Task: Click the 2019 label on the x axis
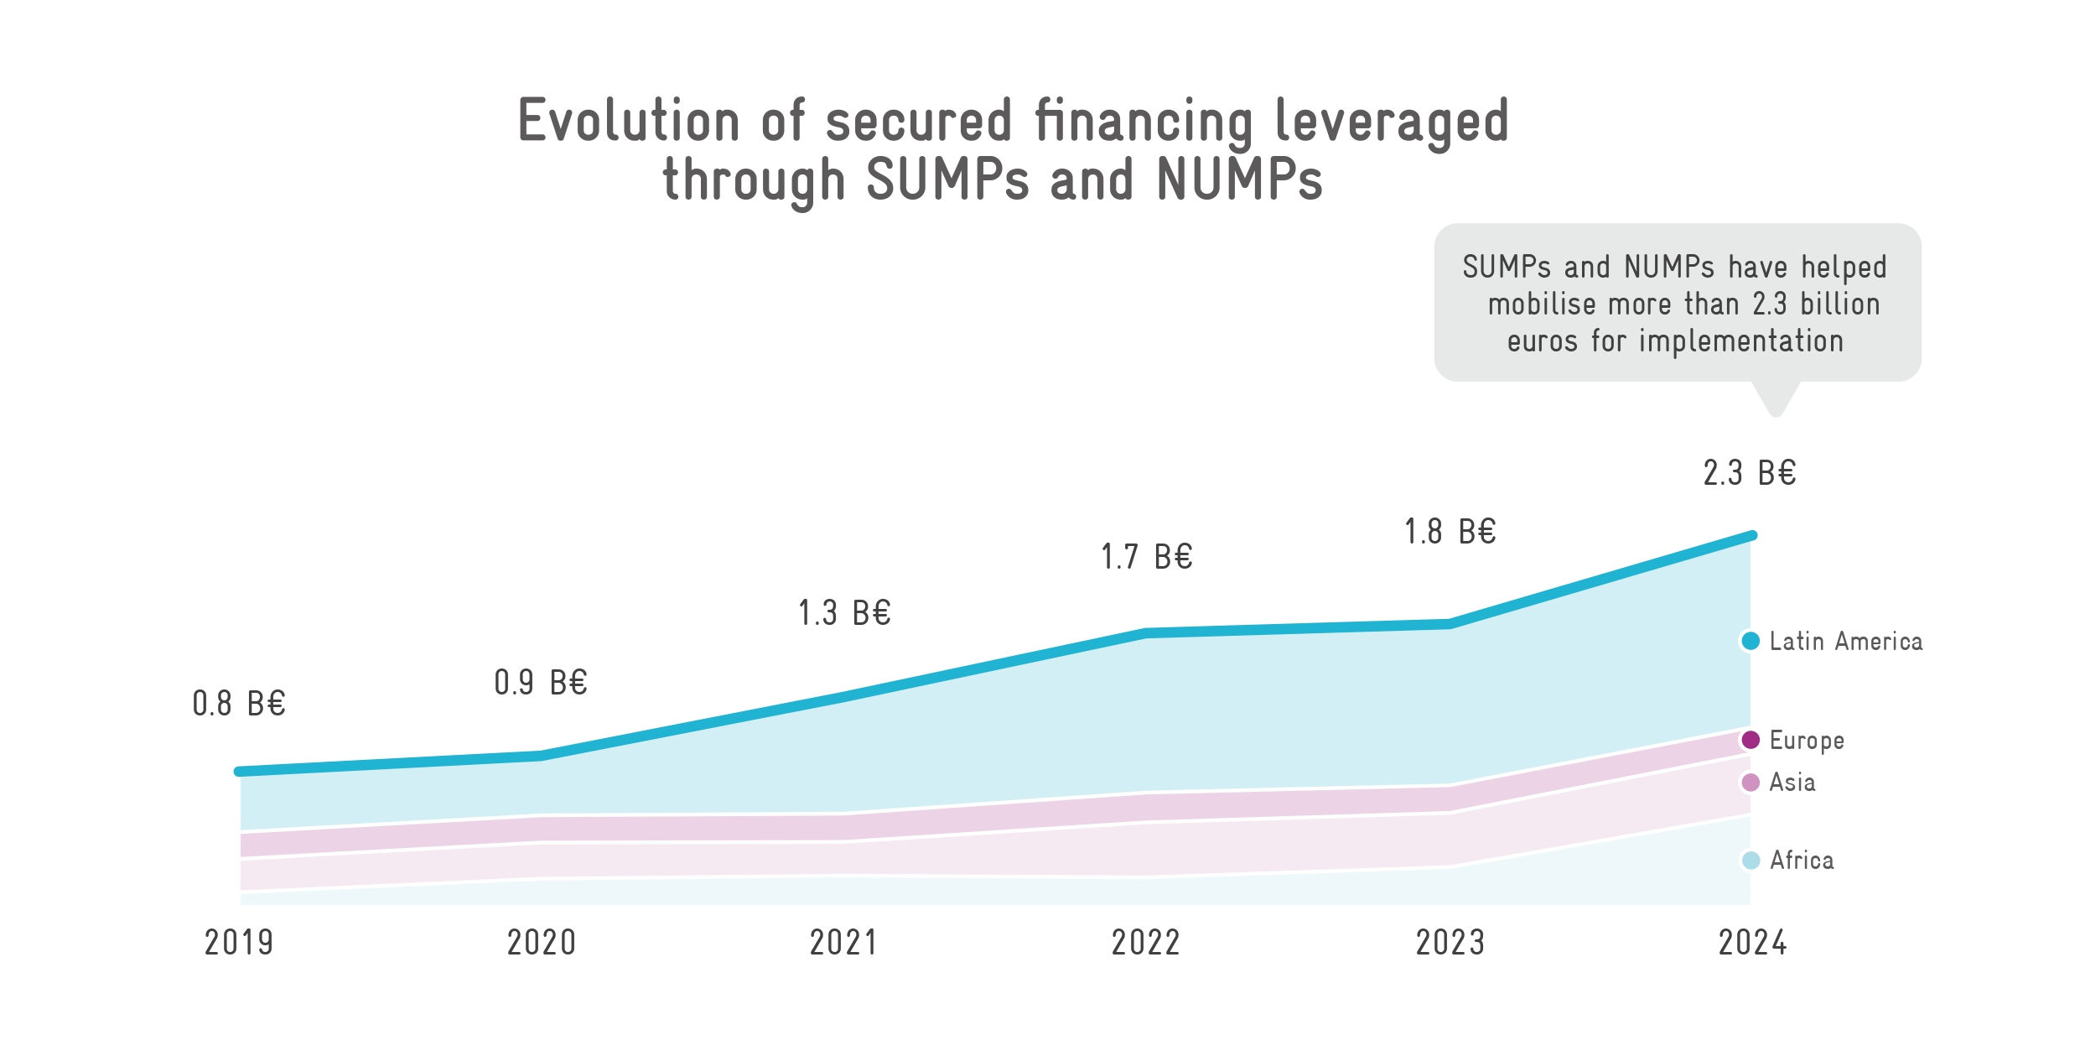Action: click(239, 943)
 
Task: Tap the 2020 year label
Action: click(542, 943)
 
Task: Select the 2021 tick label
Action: click(843, 943)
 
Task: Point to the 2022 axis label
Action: click(1146, 943)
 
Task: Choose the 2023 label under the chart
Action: click(1450, 943)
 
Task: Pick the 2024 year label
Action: click(1753, 943)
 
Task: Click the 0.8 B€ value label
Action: click(239, 704)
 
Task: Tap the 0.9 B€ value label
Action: click(541, 683)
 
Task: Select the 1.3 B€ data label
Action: click(844, 613)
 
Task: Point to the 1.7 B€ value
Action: click(1146, 557)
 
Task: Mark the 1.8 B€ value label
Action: click(1450, 532)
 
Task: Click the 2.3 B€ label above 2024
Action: click(1750, 473)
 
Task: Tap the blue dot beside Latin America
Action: click(1751, 641)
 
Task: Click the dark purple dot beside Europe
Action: click(1751, 740)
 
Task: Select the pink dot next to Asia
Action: click(1751, 783)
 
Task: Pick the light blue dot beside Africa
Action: click(1751, 861)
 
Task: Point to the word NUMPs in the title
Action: click(1239, 179)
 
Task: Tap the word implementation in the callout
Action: click(1741, 341)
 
